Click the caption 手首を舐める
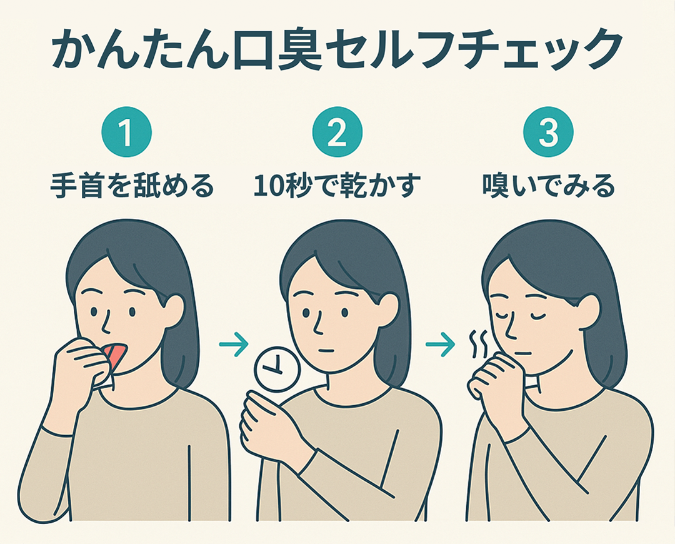[x=132, y=186]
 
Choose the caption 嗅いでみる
[x=548, y=186]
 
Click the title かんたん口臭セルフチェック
[x=337, y=50]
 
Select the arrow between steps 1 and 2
[x=234, y=343]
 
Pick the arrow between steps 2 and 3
[x=440, y=343]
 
